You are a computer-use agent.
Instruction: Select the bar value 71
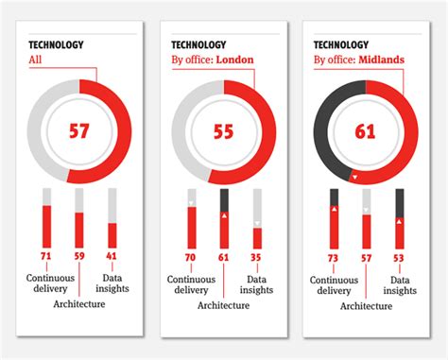pos(46,256)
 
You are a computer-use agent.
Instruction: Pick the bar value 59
pos(79,256)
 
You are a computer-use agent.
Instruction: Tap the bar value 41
pos(112,256)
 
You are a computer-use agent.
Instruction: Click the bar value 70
pos(190,256)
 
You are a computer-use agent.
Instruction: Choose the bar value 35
pos(256,256)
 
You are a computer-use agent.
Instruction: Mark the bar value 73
pos(334,256)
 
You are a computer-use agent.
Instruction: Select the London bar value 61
pos(223,256)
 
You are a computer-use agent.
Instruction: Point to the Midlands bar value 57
pos(367,256)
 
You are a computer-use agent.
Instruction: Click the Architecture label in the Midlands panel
pos(366,306)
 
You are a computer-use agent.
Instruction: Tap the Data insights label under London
pos(256,285)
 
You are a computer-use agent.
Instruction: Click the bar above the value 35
pos(256,237)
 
